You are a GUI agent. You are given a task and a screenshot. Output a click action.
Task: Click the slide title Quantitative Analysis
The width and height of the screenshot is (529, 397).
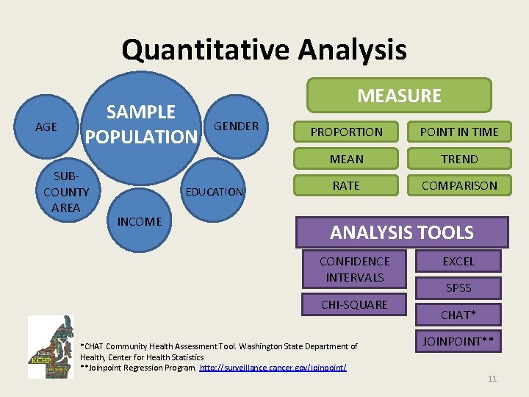tap(264, 51)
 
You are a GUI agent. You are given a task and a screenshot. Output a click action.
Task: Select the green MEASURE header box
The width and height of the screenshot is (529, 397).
tap(399, 96)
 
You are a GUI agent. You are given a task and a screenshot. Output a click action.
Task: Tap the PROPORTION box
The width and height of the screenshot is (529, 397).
tap(346, 132)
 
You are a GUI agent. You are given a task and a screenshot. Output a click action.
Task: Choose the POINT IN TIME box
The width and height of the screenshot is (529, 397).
tap(458, 132)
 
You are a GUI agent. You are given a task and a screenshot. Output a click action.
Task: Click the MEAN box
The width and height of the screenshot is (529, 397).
tap(346, 159)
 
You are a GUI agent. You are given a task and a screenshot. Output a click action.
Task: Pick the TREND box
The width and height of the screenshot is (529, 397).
tap(458, 159)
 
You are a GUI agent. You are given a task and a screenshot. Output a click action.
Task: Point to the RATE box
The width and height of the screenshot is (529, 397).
tap(346, 186)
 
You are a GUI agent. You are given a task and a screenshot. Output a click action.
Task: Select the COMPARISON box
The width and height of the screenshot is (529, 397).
tap(458, 186)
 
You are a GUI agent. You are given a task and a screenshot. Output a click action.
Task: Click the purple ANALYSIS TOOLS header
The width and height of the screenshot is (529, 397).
tap(401, 233)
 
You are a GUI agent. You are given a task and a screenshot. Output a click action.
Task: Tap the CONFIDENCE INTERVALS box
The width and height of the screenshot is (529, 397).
tap(354, 269)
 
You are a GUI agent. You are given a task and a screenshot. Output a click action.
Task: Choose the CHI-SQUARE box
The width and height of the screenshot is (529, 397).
tap(354, 304)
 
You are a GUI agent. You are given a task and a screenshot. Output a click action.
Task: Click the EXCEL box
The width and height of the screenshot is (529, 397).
tap(458, 261)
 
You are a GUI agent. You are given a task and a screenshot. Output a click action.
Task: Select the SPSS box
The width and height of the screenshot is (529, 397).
tap(458, 287)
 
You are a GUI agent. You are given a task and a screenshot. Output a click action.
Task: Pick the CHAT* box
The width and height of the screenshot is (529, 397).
tap(458, 315)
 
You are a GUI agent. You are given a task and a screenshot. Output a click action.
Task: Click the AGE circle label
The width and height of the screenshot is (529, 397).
tap(46, 127)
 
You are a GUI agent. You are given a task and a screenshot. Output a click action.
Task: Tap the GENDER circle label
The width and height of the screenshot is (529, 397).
tap(236, 126)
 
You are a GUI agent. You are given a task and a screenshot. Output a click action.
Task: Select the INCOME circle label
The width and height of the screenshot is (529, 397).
tap(140, 221)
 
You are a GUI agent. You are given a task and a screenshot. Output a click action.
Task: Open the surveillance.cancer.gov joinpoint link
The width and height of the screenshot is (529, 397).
tap(273, 367)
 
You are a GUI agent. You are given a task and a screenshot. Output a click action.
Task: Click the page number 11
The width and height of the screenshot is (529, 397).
tap(492, 379)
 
